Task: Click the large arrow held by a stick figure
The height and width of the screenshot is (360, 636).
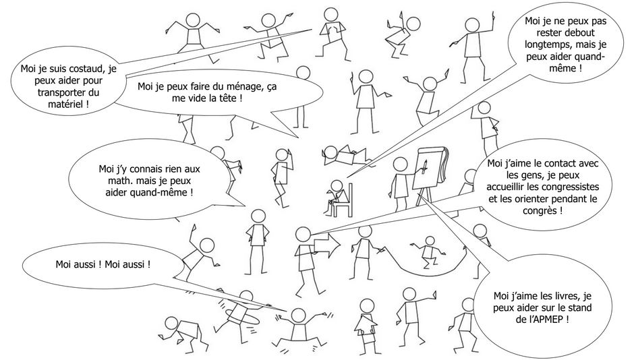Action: (326, 246)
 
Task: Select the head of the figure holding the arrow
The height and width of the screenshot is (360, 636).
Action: (303, 235)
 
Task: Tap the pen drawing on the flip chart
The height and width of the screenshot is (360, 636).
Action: (424, 167)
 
